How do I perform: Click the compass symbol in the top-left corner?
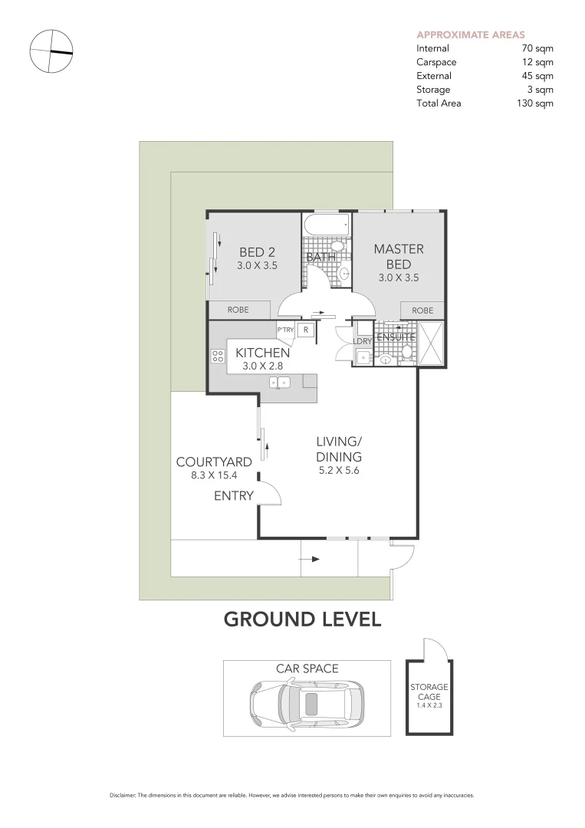pos(51,51)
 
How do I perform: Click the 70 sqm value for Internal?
pos(537,48)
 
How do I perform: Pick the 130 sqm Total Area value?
pos(535,103)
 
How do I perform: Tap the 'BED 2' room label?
pos(257,252)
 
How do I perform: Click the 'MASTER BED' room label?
pos(398,257)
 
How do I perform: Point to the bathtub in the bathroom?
pos(326,226)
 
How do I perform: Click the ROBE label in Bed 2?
pos(238,310)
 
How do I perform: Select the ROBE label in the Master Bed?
pos(422,310)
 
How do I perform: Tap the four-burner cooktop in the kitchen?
pos(217,356)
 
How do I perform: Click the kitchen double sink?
pos(278,381)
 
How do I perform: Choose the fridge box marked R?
pos(306,330)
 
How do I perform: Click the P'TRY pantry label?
pos(285,330)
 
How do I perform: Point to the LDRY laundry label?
pos(363,340)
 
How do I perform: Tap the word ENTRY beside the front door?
pos(233,496)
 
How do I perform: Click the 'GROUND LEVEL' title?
pos(302,619)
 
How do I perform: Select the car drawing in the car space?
pos(306,701)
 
